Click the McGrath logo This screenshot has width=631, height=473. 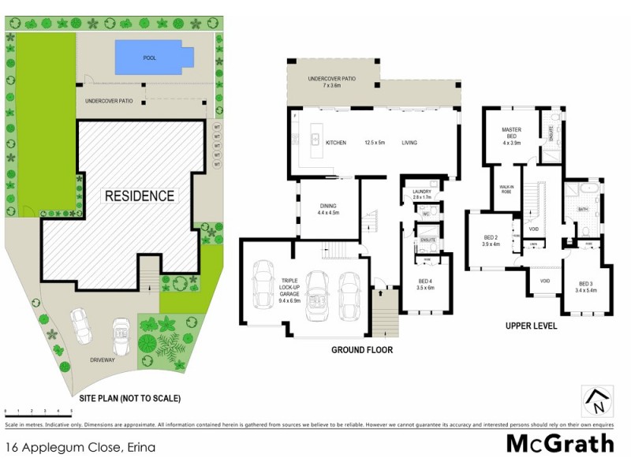click(x=559, y=443)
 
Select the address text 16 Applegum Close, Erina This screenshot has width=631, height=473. click(x=80, y=447)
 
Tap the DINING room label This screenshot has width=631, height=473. click(x=327, y=208)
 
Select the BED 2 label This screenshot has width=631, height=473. click(x=491, y=240)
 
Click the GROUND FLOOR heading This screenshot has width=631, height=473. click(x=361, y=350)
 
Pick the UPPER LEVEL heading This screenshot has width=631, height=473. click(x=531, y=326)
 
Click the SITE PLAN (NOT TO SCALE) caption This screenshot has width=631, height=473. click(x=129, y=398)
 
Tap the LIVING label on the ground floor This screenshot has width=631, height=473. click(x=409, y=143)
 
